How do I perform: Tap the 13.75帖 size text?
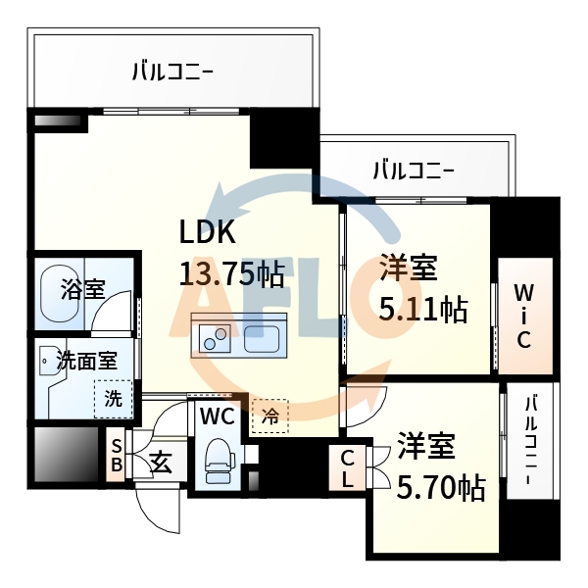pyautogui.click(x=231, y=273)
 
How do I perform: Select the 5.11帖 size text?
pyautogui.click(x=422, y=310)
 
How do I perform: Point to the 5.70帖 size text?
pyautogui.click(x=441, y=486)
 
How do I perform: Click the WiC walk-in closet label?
pyautogui.click(x=523, y=316)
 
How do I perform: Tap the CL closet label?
pyautogui.click(x=348, y=468)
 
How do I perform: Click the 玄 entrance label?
pyautogui.click(x=161, y=462)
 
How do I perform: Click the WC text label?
pyautogui.click(x=216, y=416)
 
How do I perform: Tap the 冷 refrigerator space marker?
pyautogui.click(x=269, y=415)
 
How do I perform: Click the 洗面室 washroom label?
pyautogui.click(x=85, y=359)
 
